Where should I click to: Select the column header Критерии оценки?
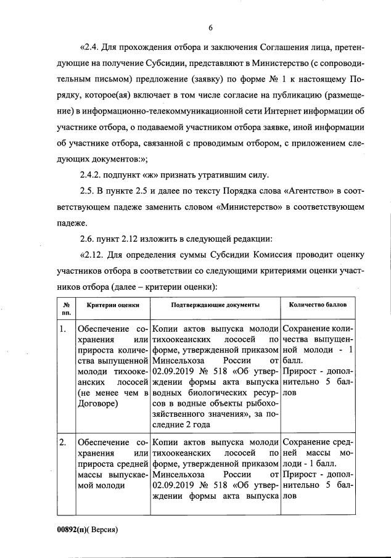click(109, 305)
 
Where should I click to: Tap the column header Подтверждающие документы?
click(214, 305)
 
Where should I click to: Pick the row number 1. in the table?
click(63, 329)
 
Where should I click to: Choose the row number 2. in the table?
click(63, 443)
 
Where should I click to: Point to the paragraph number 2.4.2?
click(94, 175)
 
